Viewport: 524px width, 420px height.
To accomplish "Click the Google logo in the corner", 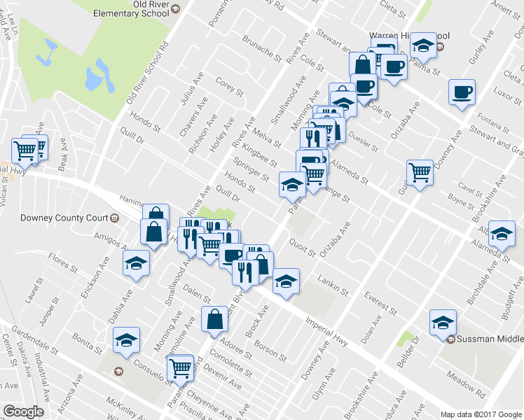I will coord(23,412).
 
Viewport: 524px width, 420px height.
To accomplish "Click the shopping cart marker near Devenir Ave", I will coord(181,366).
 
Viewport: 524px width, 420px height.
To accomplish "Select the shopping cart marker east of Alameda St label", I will coord(420,171).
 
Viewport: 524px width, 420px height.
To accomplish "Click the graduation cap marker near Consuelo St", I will coord(126,340).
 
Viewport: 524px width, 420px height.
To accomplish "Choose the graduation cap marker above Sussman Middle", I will coord(443,321).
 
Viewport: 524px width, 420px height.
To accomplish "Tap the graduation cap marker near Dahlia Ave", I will coord(137,263).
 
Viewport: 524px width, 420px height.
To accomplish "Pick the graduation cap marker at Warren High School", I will coord(422,45).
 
